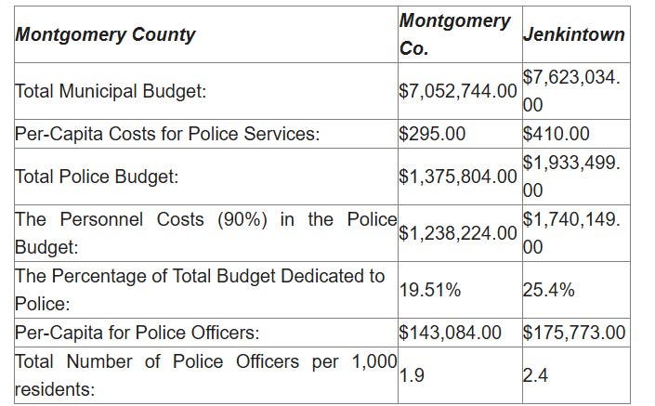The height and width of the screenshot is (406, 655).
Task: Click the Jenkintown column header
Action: point(573,34)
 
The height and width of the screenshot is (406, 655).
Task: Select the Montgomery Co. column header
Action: point(454,34)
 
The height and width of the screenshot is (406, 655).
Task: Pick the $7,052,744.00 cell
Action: point(458,92)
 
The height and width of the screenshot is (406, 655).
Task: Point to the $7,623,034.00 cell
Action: point(571,92)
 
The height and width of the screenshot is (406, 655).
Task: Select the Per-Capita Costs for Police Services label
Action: point(167,134)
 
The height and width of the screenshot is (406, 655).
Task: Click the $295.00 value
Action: point(432,134)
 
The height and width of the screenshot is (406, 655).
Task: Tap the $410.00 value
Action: point(557,134)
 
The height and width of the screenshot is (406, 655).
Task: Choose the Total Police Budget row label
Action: point(97,176)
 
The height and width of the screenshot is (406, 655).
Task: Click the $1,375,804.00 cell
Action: point(458,176)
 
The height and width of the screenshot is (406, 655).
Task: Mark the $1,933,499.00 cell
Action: point(571,176)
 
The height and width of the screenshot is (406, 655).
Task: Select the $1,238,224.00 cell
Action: point(458,233)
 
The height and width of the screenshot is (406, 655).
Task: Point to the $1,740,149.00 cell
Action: point(571,233)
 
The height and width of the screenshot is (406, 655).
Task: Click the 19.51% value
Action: point(429,290)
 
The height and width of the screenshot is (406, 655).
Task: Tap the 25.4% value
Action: point(548,290)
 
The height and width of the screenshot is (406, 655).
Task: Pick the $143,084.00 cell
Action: point(451,332)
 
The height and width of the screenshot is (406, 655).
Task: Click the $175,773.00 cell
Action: point(574,332)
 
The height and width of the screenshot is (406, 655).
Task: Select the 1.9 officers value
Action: point(413,375)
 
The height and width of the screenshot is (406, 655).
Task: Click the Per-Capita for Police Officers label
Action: point(137,332)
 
